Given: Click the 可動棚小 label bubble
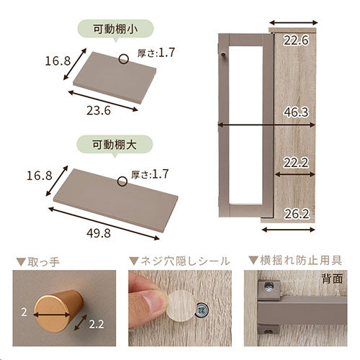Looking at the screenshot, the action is tap(115, 30).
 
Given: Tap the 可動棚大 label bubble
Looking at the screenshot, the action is tap(114, 145).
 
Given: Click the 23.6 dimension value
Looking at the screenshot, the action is tap(99, 111).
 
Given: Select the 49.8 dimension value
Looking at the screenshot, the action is tap(99, 233).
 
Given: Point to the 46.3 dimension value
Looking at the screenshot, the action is tap(296, 112).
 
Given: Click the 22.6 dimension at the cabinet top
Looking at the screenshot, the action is tap(296, 40).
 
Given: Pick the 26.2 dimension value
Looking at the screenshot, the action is tap(297, 214).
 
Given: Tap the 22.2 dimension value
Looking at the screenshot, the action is tap(296, 163).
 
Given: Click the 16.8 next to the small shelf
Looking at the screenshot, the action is tap(58, 61).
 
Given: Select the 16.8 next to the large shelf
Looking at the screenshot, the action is tap(39, 176).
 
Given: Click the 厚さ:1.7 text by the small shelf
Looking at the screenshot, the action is tap(156, 53).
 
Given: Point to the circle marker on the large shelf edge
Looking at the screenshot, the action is tap(122, 181).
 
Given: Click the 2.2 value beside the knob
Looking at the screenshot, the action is tap(96, 325).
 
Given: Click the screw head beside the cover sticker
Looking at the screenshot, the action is tap(202, 310).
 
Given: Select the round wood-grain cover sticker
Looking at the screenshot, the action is tap(181, 305).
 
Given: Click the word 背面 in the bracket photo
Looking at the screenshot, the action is tap(332, 279).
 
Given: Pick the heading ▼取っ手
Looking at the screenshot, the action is tap(37, 262).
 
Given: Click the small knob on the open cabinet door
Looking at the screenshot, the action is tap(223, 55).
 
